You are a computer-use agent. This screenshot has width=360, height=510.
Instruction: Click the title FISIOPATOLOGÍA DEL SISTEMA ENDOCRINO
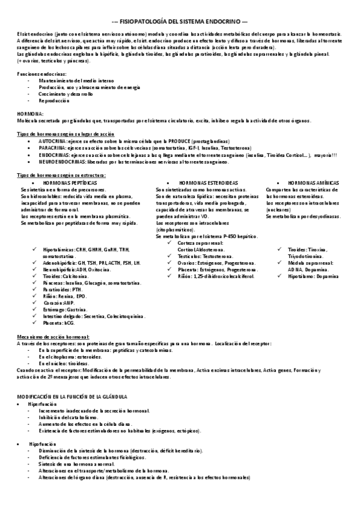click(180, 20)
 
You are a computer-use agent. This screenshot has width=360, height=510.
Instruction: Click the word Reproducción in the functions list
click(55, 100)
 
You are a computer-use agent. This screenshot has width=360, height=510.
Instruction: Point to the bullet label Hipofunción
click(41, 444)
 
